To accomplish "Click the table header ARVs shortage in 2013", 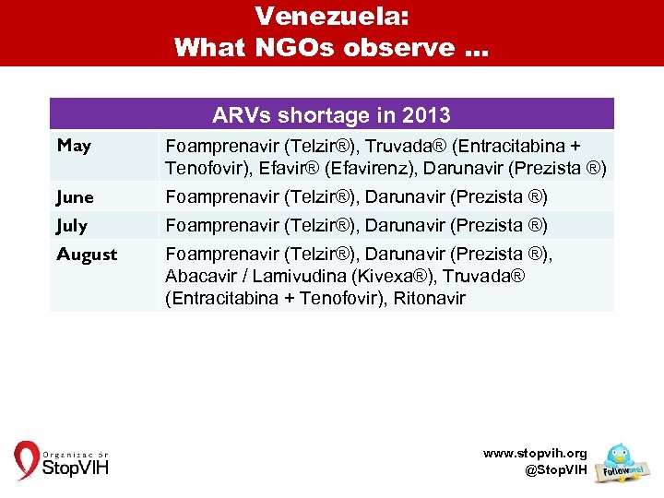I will [331, 115].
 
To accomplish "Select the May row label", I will [74, 146].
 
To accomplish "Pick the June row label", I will [75, 196].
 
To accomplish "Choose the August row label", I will [87, 254].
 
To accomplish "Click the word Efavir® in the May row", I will [288, 168].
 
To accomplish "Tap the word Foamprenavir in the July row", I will [220, 225].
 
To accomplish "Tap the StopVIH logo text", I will [76, 468].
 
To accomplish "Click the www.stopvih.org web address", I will [535, 454].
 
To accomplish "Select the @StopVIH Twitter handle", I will [555, 470].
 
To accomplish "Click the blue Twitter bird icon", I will [617, 456].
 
